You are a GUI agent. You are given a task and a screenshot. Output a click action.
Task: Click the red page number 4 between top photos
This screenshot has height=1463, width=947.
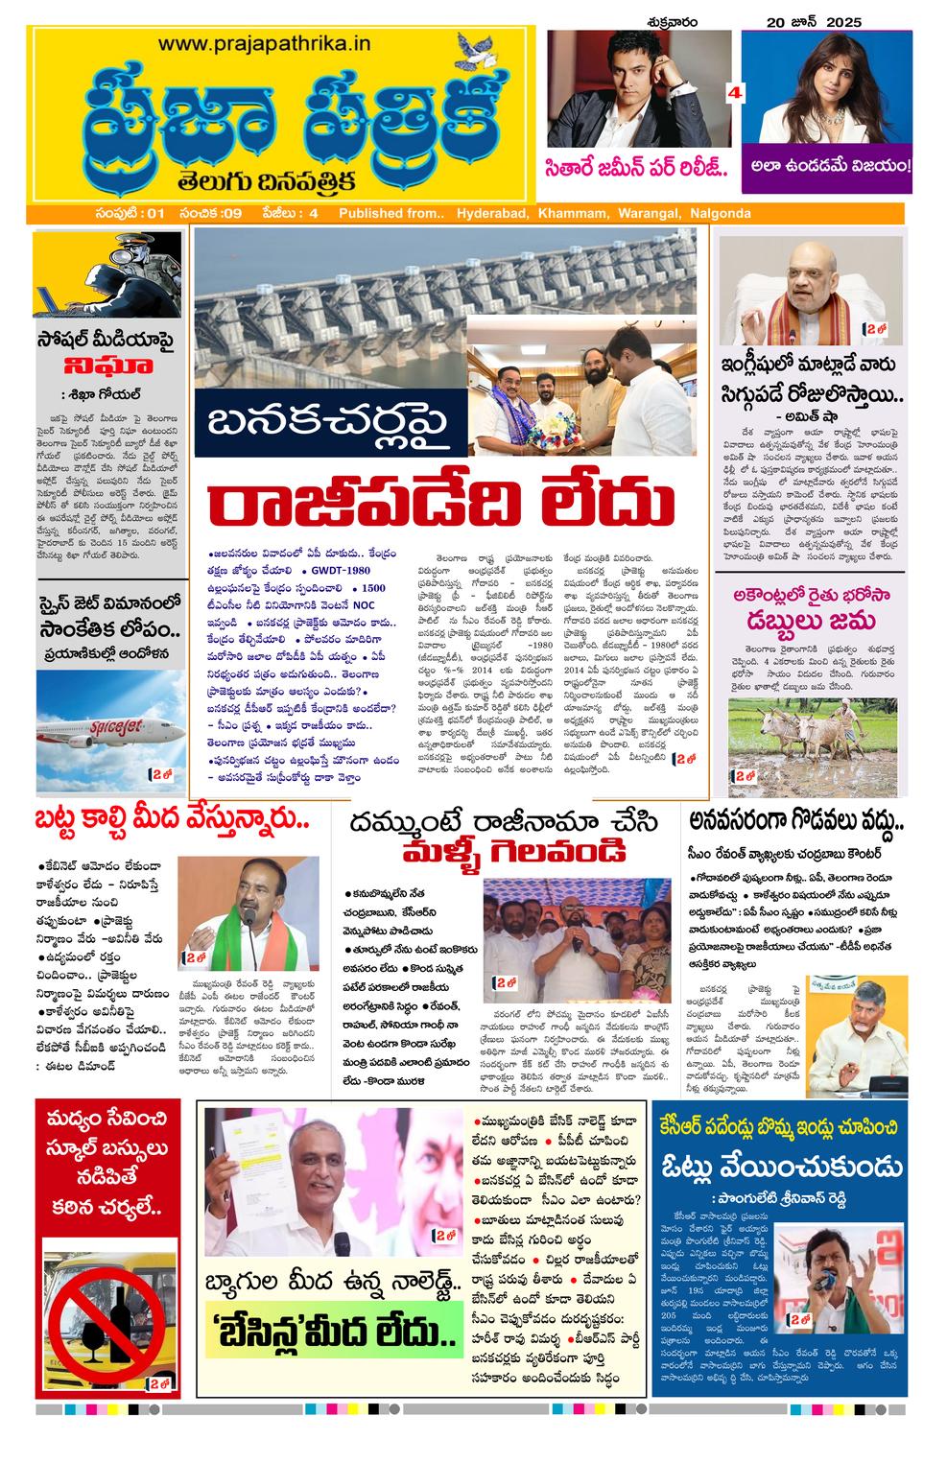tap(736, 93)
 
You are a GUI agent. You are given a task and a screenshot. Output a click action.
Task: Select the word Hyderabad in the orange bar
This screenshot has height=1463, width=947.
tap(492, 213)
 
